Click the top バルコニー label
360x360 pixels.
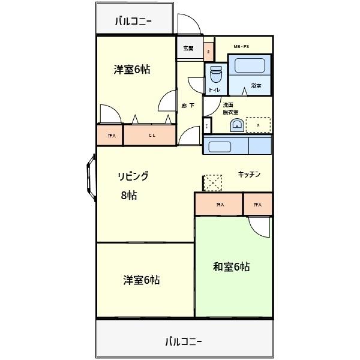click(x=133, y=22)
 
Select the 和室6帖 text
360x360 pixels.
click(x=231, y=267)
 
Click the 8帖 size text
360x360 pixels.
click(x=128, y=195)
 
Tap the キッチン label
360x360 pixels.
click(x=249, y=174)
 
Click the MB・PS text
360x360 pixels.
click(x=241, y=46)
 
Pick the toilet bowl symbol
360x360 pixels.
click(x=215, y=74)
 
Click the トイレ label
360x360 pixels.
click(x=214, y=90)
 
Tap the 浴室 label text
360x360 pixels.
click(x=256, y=86)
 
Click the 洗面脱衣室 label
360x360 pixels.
click(x=230, y=109)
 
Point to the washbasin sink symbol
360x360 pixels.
click(x=238, y=125)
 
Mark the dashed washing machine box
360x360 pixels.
click(x=258, y=124)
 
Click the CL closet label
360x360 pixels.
click(x=152, y=135)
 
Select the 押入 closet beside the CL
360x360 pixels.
click(x=112, y=135)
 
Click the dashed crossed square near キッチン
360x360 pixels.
click(x=212, y=182)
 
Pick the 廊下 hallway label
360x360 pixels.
click(x=188, y=106)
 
